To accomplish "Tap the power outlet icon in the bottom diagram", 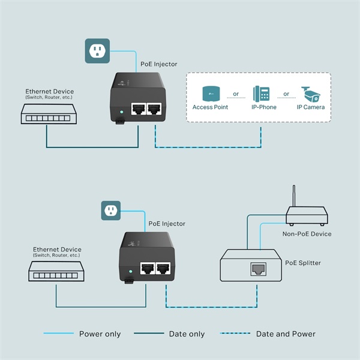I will click(x=110, y=210).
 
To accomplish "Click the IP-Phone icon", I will click(x=262, y=94).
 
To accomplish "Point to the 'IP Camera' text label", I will click(x=311, y=107).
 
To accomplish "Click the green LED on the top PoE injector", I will click(x=122, y=111).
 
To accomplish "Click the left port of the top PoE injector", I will click(x=137, y=109).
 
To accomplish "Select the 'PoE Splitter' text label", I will click(x=302, y=263).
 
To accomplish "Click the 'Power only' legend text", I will click(x=100, y=334).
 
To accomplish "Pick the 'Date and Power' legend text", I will click(x=286, y=334).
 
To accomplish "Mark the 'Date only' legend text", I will click(x=187, y=334).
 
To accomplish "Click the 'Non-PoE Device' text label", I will click(x=307, y=234).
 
